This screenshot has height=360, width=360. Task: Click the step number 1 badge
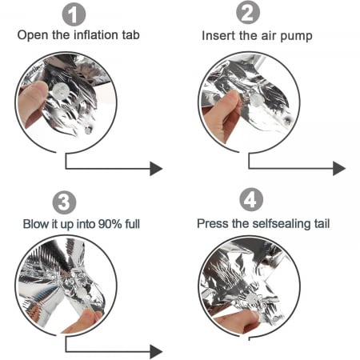(74, 14)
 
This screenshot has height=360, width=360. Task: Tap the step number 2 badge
(248, 13)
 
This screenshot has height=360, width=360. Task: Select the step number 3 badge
(64, 202)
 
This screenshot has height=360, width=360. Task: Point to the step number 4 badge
(251, 200)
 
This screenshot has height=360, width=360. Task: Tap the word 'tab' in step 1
(130, 35)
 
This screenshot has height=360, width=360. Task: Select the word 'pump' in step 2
(296, 37)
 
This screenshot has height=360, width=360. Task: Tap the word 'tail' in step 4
(322, 223)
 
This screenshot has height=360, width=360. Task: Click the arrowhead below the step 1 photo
(156, 169)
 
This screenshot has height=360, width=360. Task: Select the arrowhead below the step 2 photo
(339, 169)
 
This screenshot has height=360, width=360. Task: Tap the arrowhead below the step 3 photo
(156, 352)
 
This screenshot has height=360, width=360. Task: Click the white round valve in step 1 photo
(61, 90)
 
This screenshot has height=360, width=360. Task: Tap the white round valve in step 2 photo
(257, 101)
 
